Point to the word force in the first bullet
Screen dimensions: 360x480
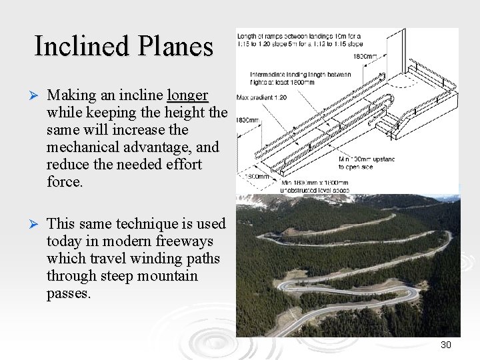(x=64, y=181)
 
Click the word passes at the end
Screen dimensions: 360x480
(x=68, y=293)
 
